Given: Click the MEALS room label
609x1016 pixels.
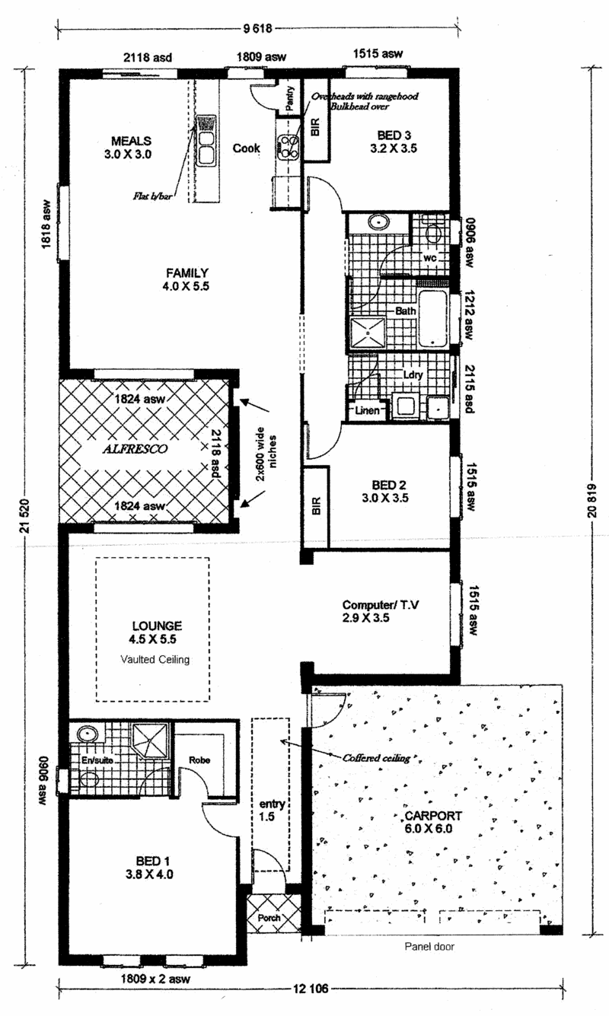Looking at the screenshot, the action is (131, 141).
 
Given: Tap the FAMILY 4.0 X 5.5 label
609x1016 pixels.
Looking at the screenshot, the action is (186, 279).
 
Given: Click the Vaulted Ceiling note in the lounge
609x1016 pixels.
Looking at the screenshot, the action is (155, 660).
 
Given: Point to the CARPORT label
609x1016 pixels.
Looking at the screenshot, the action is (433, 816).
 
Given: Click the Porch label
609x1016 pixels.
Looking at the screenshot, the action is (269, 918).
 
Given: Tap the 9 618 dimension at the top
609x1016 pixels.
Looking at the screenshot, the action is (258, 29).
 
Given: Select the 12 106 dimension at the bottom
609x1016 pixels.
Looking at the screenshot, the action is (311, 989).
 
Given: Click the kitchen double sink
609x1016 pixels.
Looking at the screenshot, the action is (206, 141).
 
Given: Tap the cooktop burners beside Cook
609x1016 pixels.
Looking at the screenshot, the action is (289, 147).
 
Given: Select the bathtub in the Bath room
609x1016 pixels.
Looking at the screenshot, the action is (433, 318).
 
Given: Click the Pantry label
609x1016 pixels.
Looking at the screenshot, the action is (290, 99).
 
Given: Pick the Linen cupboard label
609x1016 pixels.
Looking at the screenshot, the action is (367, 411).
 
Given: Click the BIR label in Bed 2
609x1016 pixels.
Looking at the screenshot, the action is (316, 505).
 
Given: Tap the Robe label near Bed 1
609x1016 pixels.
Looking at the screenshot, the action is (199, 760).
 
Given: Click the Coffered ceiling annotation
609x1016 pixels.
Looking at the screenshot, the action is (376, 758).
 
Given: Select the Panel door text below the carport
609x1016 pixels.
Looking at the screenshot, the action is (429, 947).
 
